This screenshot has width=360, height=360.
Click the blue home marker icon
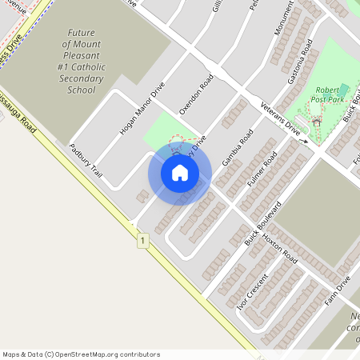point(180,173)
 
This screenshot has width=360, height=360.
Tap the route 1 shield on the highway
point(142,240)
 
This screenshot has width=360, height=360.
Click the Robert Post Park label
point(330,94)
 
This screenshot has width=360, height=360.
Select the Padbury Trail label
point(86,160)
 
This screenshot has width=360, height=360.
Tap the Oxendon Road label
point(196,96)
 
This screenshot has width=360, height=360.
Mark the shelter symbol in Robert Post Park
point(317,122)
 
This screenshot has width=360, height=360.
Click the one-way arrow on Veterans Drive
point(303,141)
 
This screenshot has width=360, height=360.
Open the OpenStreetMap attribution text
point(81,354)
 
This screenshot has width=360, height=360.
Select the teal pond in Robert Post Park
point(344,89)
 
